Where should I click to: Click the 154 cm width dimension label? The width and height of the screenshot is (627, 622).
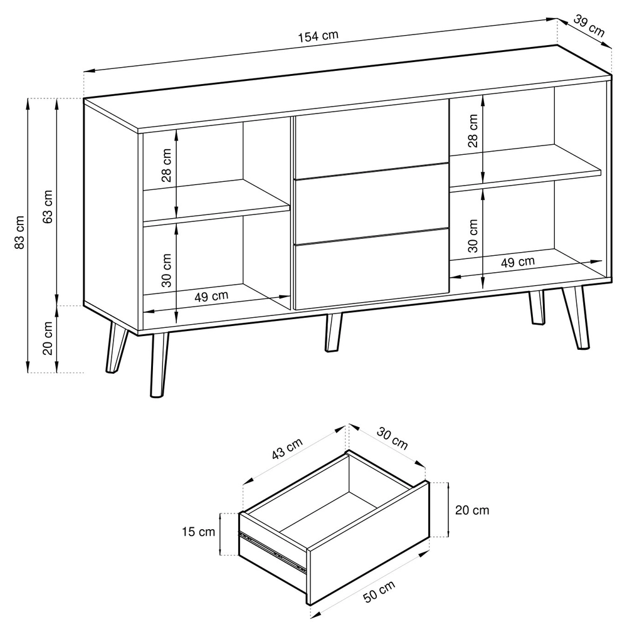pos(319,36)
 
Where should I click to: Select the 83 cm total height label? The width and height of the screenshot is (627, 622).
pos(19,232)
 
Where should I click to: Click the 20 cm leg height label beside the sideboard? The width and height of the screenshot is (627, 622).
pos(48,338)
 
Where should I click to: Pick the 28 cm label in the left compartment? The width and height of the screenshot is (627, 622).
pos(166,165)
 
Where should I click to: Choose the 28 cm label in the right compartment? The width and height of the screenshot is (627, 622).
pos(473,130)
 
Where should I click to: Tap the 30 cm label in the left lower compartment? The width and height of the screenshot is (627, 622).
pos(166,270)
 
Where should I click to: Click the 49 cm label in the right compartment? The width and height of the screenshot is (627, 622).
pos(518,262)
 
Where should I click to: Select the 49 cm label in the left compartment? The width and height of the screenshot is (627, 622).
pos(211,297)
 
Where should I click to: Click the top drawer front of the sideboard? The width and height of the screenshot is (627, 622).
pos(371,139)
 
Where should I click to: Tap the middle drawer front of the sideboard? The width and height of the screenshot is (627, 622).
pos(371,203)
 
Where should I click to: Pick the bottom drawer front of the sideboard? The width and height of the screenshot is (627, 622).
pos(371,269)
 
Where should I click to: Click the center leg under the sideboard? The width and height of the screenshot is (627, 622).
pos(333,332)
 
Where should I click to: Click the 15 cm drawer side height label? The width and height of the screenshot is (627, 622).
pos(198,532)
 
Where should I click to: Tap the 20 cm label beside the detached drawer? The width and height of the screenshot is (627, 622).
pos(472,510)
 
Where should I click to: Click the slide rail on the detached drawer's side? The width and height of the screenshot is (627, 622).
pos(273,550)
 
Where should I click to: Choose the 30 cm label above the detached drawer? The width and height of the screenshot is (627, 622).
pos(392,438)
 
